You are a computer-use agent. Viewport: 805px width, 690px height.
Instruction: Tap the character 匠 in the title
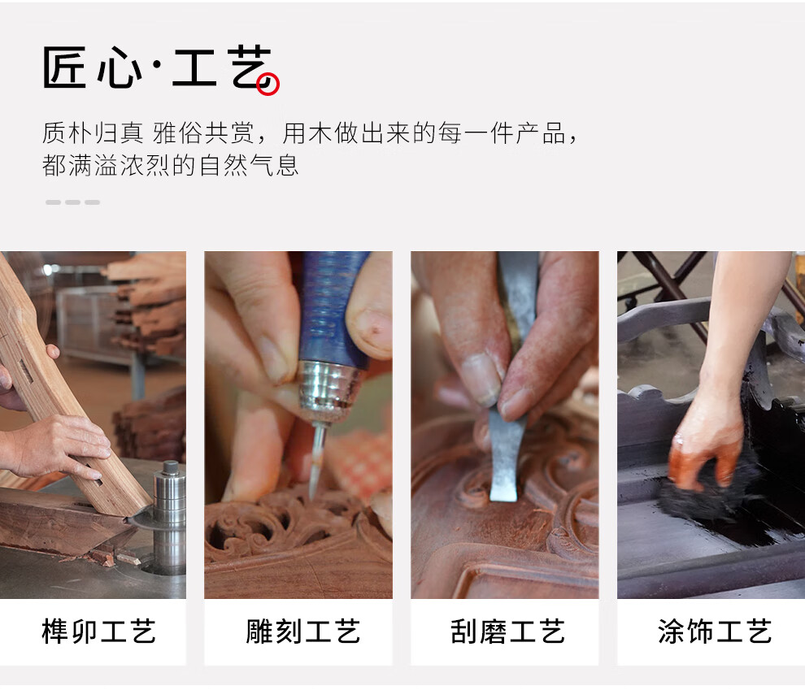[63, 67]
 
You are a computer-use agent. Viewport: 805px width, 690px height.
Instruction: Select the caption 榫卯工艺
[98, 631]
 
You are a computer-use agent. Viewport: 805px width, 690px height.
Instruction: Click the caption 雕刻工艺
[303, 631]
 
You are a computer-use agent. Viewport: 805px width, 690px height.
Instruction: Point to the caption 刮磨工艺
[507, 631]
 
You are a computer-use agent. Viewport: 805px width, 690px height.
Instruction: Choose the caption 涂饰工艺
[715, 631]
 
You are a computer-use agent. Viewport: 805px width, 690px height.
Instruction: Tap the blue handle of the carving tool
[333, 308]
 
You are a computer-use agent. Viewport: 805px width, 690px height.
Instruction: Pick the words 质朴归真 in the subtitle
[93, 133]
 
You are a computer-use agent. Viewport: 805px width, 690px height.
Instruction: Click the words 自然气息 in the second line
[249, 165]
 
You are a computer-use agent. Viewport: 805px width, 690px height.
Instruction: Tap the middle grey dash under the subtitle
[72, 202]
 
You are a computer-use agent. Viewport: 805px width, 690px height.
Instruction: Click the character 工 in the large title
[194, 67]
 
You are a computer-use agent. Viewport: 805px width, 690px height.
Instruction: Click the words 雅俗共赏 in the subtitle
[203, 133]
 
